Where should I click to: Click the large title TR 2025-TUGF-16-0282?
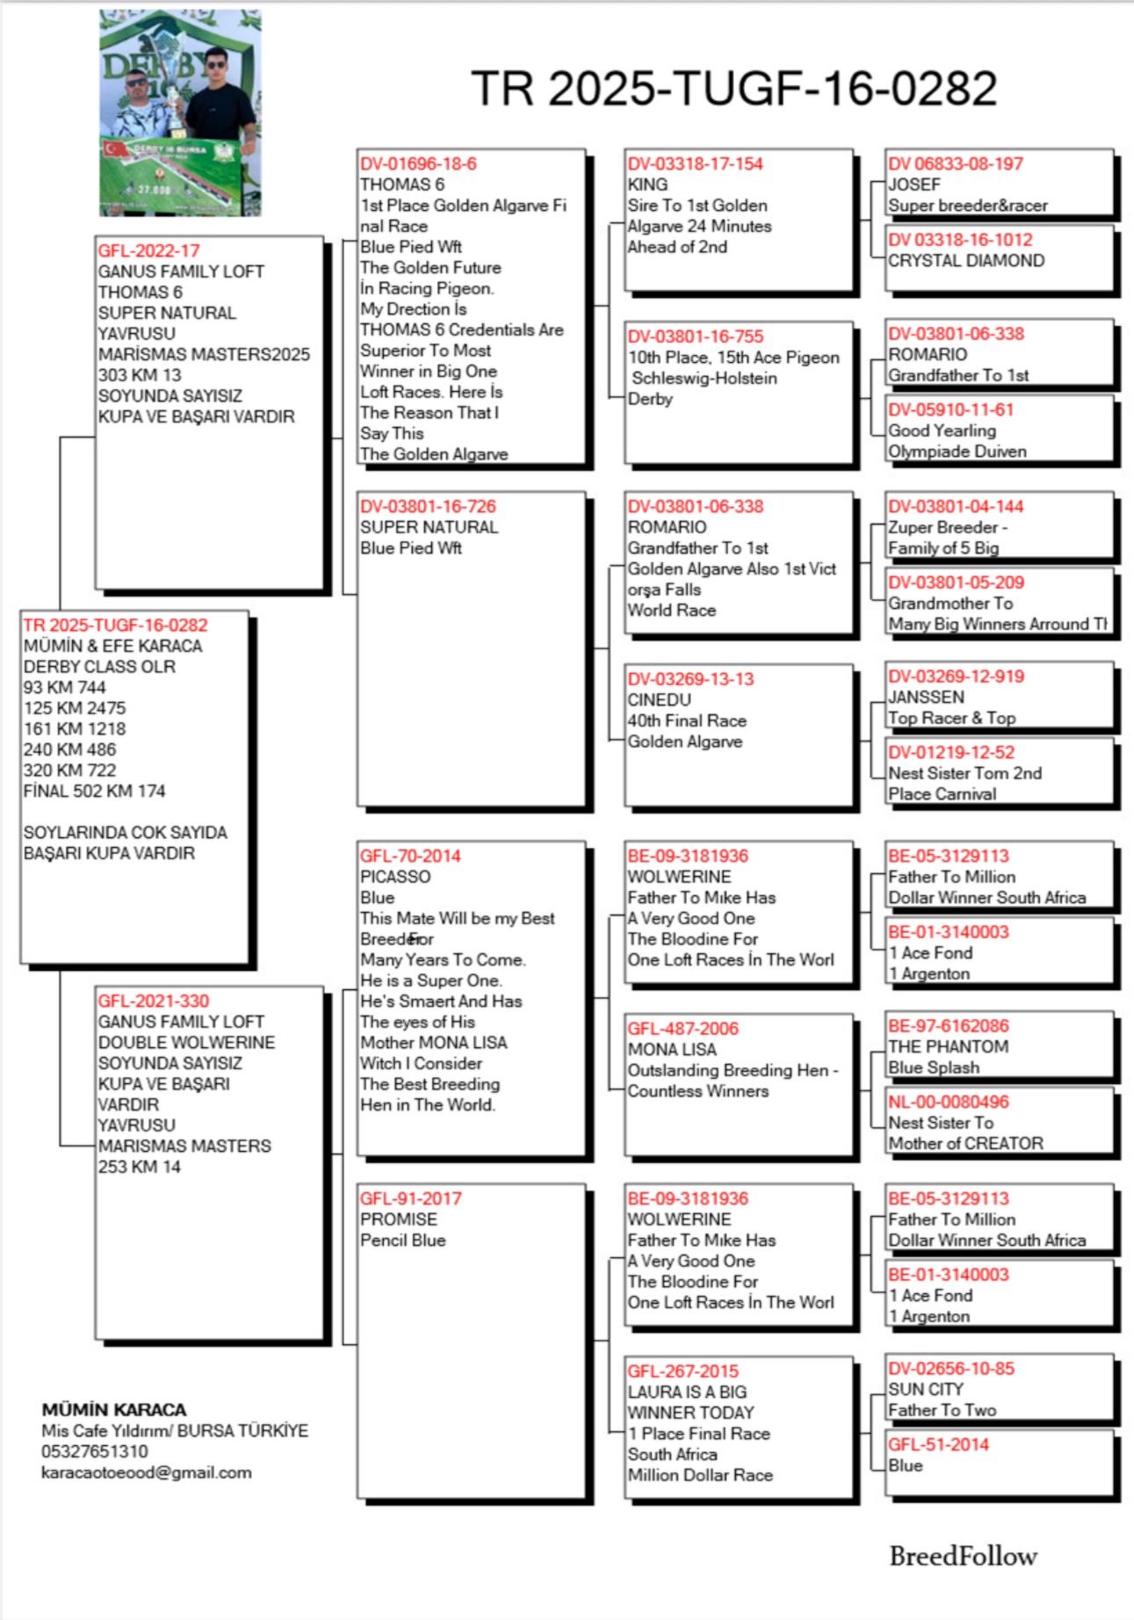[733, 88]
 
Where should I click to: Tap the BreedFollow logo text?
[963, 1557]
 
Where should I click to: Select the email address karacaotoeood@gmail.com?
[146, 1472]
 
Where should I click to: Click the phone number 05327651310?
[95, 1451]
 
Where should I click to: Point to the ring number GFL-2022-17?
[148, 250]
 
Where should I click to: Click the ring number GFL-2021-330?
[154, 1001]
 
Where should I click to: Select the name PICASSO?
[395, 877]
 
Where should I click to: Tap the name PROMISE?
[398, 1219]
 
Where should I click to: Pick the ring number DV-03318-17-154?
[695, 163]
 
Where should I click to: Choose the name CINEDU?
[659, 700]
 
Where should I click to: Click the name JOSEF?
[914, 184]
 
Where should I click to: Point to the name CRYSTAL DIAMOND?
[966, 261]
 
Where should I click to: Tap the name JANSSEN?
[926, 698]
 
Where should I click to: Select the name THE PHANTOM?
[948, 1047]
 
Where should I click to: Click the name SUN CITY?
[926, 1390]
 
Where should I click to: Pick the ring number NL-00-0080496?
[948, 1102]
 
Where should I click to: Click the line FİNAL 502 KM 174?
[94, 791]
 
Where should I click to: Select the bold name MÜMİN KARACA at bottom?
[114, 1409]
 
